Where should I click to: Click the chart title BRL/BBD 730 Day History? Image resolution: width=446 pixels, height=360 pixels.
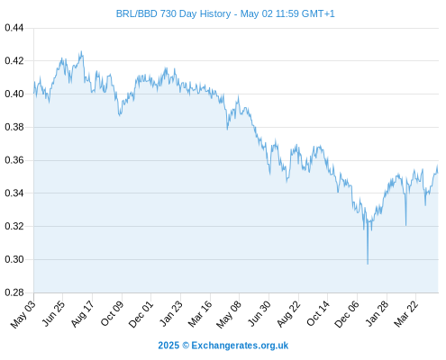point(173,13)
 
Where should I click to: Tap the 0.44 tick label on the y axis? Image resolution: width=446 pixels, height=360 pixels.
point(14,28)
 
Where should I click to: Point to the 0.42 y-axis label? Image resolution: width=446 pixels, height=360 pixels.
point(14,61)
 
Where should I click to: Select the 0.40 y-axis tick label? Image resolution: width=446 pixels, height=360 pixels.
point(14,94)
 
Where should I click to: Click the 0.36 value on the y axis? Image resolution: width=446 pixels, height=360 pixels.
point(14,160)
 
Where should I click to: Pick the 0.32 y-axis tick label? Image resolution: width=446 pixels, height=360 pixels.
point(14,226)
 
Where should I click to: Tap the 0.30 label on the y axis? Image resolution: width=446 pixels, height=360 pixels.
point(14,259)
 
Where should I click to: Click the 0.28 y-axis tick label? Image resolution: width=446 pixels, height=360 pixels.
point(14,292)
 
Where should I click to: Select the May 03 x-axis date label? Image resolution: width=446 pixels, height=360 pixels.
point(23,314)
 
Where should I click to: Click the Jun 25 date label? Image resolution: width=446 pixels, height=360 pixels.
point(52,313)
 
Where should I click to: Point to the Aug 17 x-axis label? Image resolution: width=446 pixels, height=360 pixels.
point(82,314)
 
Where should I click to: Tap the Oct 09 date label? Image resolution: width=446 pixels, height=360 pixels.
point(112,313)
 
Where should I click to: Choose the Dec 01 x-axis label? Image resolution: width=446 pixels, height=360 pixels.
point(141,314)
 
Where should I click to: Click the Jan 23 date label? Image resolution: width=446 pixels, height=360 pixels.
point(170,313)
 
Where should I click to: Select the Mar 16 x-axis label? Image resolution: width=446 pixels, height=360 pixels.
point(200,314)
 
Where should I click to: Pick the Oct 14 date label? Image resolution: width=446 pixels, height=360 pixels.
point(318,313)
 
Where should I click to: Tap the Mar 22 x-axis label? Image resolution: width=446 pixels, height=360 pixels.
point(405,314)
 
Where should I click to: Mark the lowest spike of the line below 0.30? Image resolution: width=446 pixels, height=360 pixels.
point(368,264)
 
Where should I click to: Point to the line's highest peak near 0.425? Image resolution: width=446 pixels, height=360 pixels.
point(81,51)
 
